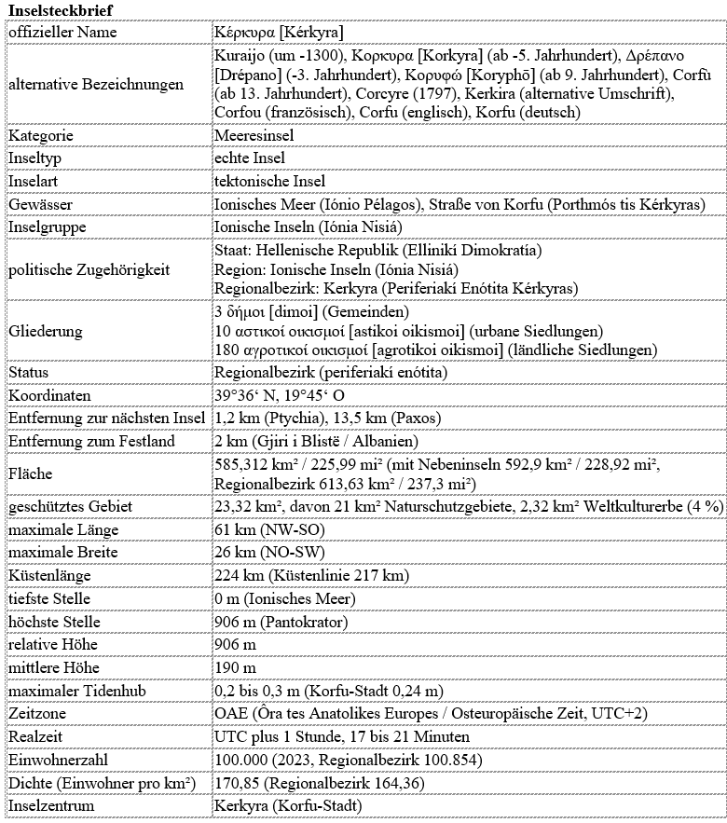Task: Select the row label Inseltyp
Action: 35,158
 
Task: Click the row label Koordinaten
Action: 49,395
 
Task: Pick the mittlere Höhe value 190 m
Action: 235,667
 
